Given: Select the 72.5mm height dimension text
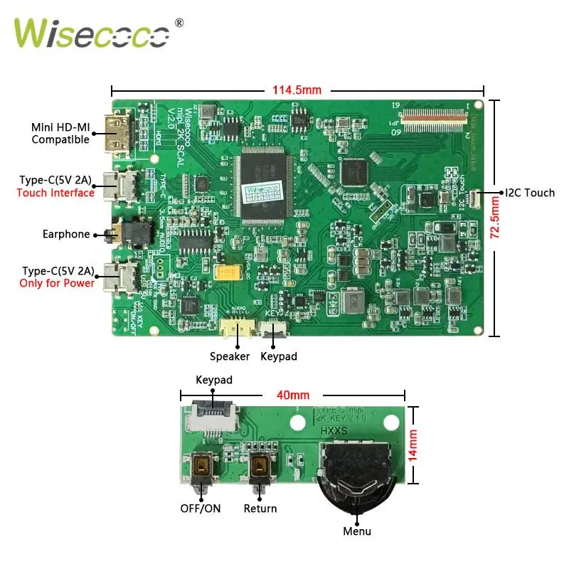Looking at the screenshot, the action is [x=496, y=218].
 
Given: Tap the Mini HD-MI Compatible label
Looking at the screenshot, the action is [x=60, y=134].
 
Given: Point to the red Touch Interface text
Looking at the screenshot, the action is [x=55, y=193].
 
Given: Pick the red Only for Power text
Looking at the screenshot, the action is [x=58, y=283].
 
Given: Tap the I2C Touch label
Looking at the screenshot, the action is [x=529, y=193].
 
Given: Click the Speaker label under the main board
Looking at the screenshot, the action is [x=230, y=356].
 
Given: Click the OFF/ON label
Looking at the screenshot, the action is [x=198, y=509].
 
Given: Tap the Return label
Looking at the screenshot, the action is [x=260, y=509].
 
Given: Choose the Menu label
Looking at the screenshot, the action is [x=357, y=531].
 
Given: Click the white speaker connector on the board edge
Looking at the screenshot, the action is [x=231, y=328].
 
